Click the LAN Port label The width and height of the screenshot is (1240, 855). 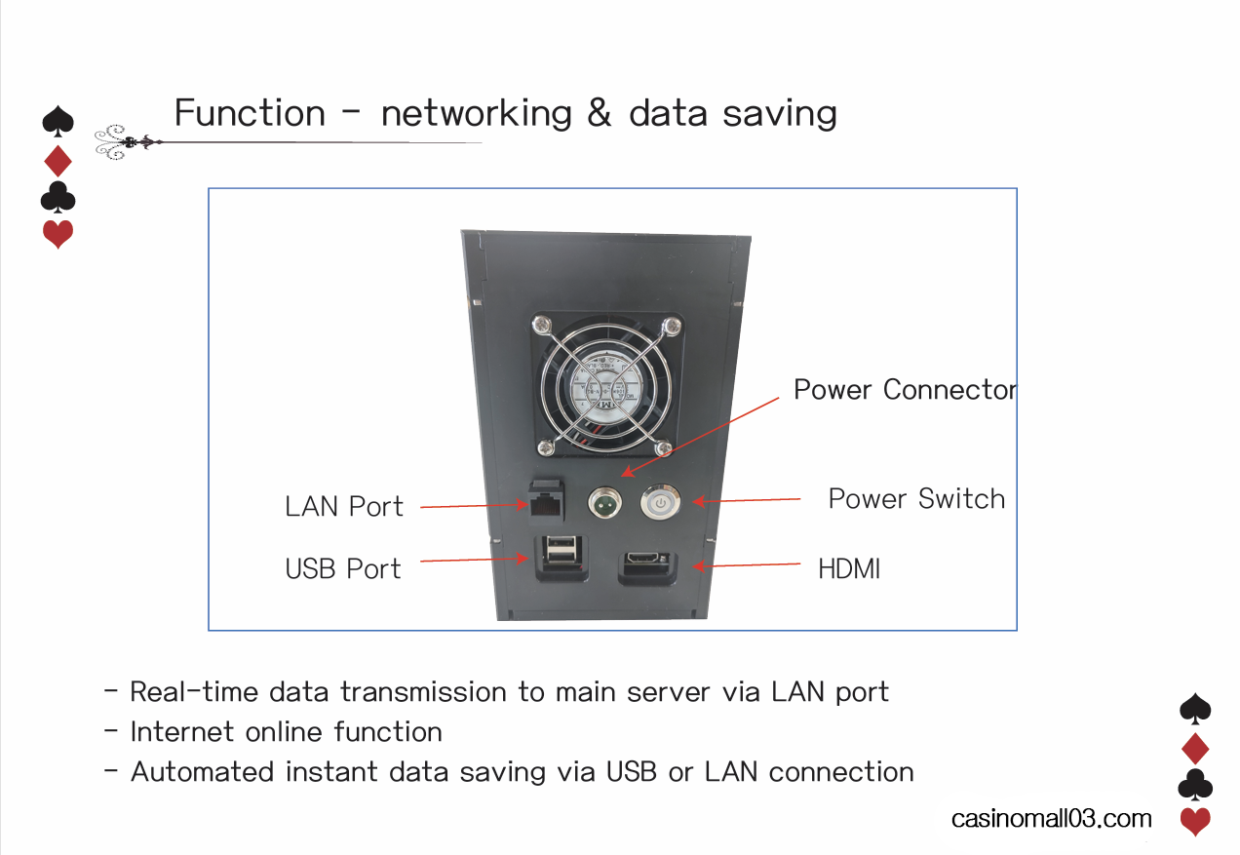[x=344, y=507]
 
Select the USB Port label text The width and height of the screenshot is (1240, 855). [x=343, y=569]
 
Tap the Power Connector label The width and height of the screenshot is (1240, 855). [x=905, y=390]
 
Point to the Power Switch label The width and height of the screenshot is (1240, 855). [x=916, y=499]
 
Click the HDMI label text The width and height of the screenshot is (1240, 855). [x=849, y=569]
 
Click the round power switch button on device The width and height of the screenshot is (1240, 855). [x=660, y=504]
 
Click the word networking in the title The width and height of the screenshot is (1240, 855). [x=476, y=113]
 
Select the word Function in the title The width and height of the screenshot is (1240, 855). [x=250, y=113]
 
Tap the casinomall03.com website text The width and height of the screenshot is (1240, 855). [x=1052, y=819]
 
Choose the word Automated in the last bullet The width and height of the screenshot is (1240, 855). [x=203, y=772]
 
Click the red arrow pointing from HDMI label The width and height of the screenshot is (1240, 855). [x=746, y=564]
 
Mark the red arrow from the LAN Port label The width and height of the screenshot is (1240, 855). [x=473, y=506]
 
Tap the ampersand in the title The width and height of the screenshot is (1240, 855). [x=600, y=113]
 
